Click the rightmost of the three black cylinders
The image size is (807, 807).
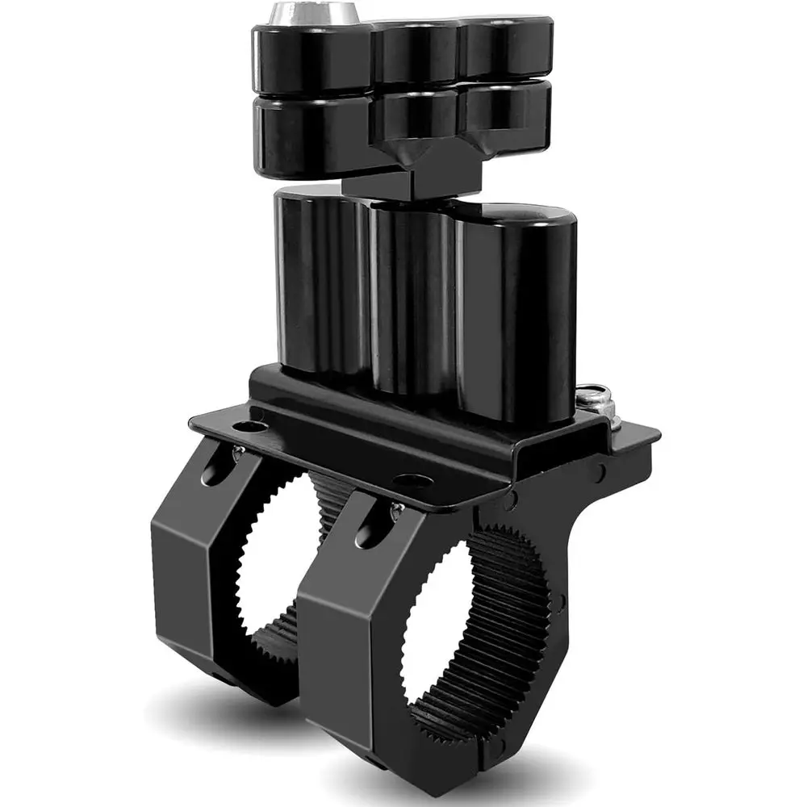(x=516, y=315)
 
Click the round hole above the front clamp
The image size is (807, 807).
(x=412, y=482)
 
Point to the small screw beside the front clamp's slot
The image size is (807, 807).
(x=396, y=510)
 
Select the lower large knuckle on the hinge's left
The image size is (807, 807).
(x=311, y=133)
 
